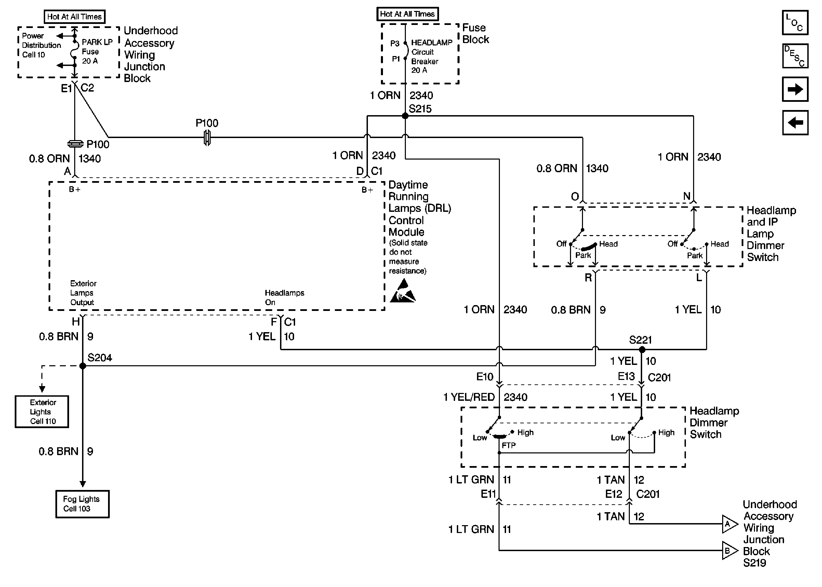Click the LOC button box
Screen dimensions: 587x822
pos(795,23)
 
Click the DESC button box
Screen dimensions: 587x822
pos(795,56)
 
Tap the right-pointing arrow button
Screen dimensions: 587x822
pos(795,89)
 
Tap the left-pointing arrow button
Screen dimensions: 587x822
pos(795,123)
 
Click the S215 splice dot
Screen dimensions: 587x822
pos(405,116)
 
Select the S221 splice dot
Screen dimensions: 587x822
pos(642,350)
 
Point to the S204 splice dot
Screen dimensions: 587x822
pos(82,366)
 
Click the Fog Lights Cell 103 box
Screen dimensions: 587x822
pos(82,504)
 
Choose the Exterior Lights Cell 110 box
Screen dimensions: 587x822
pos(42,412)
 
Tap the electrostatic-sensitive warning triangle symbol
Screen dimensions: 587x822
pos(402,291)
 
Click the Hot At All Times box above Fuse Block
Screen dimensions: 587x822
pos(407,14)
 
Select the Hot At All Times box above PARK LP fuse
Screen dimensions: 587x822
pos(75,17)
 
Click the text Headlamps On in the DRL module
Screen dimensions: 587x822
pos(284,298)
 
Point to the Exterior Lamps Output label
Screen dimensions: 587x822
pos(83,293)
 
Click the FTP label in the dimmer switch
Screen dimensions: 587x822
pos(508,445)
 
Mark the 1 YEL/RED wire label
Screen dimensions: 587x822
pos(469,397)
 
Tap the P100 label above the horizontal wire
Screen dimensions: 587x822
pos(207,123)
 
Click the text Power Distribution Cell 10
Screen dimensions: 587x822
pos(41,45)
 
